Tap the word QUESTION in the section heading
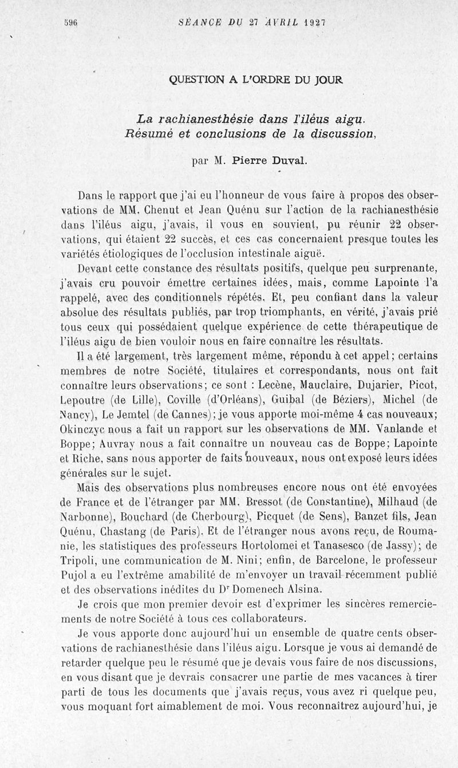coord(198,81)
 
